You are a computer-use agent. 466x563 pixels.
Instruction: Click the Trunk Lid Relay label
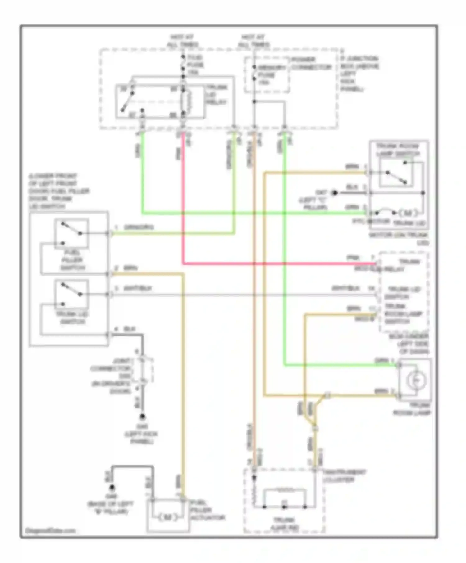click(217, 95)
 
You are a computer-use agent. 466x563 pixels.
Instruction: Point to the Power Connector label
click(311, 63)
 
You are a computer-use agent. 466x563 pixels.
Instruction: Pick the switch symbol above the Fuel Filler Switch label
click(72, 233)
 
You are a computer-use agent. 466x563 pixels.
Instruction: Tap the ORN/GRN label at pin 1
click(139, 227)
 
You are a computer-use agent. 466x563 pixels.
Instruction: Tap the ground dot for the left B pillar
click(112, 488)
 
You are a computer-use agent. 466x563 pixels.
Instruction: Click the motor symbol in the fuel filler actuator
click(168, 517)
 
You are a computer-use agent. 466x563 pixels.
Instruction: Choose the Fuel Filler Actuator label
click(207, 510)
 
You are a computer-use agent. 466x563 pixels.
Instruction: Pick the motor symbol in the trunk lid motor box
click(408, 213)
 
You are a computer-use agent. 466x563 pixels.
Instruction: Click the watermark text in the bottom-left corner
click(50, 530)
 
